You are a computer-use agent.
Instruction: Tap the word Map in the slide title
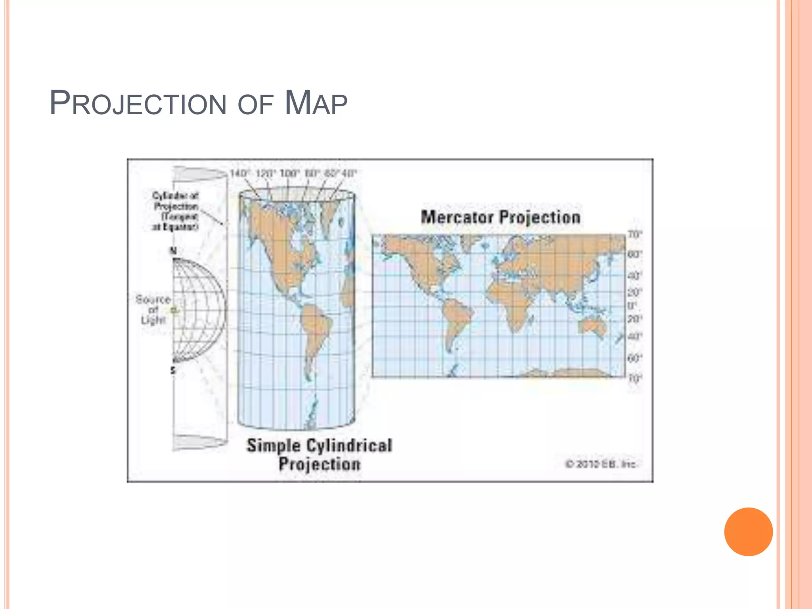316,103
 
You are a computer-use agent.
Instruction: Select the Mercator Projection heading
500,217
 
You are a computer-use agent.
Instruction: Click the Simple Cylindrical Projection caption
320,454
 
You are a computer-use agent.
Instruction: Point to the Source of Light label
153,309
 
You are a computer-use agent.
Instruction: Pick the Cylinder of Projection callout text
176,211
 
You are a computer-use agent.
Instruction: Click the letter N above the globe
173,251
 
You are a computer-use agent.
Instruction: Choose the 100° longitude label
289,174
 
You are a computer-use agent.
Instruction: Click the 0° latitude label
632,306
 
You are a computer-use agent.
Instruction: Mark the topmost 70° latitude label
634,235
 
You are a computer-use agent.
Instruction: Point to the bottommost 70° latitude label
634,379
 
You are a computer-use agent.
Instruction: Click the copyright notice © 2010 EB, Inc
600,464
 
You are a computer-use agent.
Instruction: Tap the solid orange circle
748,532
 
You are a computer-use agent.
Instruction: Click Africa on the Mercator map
511,301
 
